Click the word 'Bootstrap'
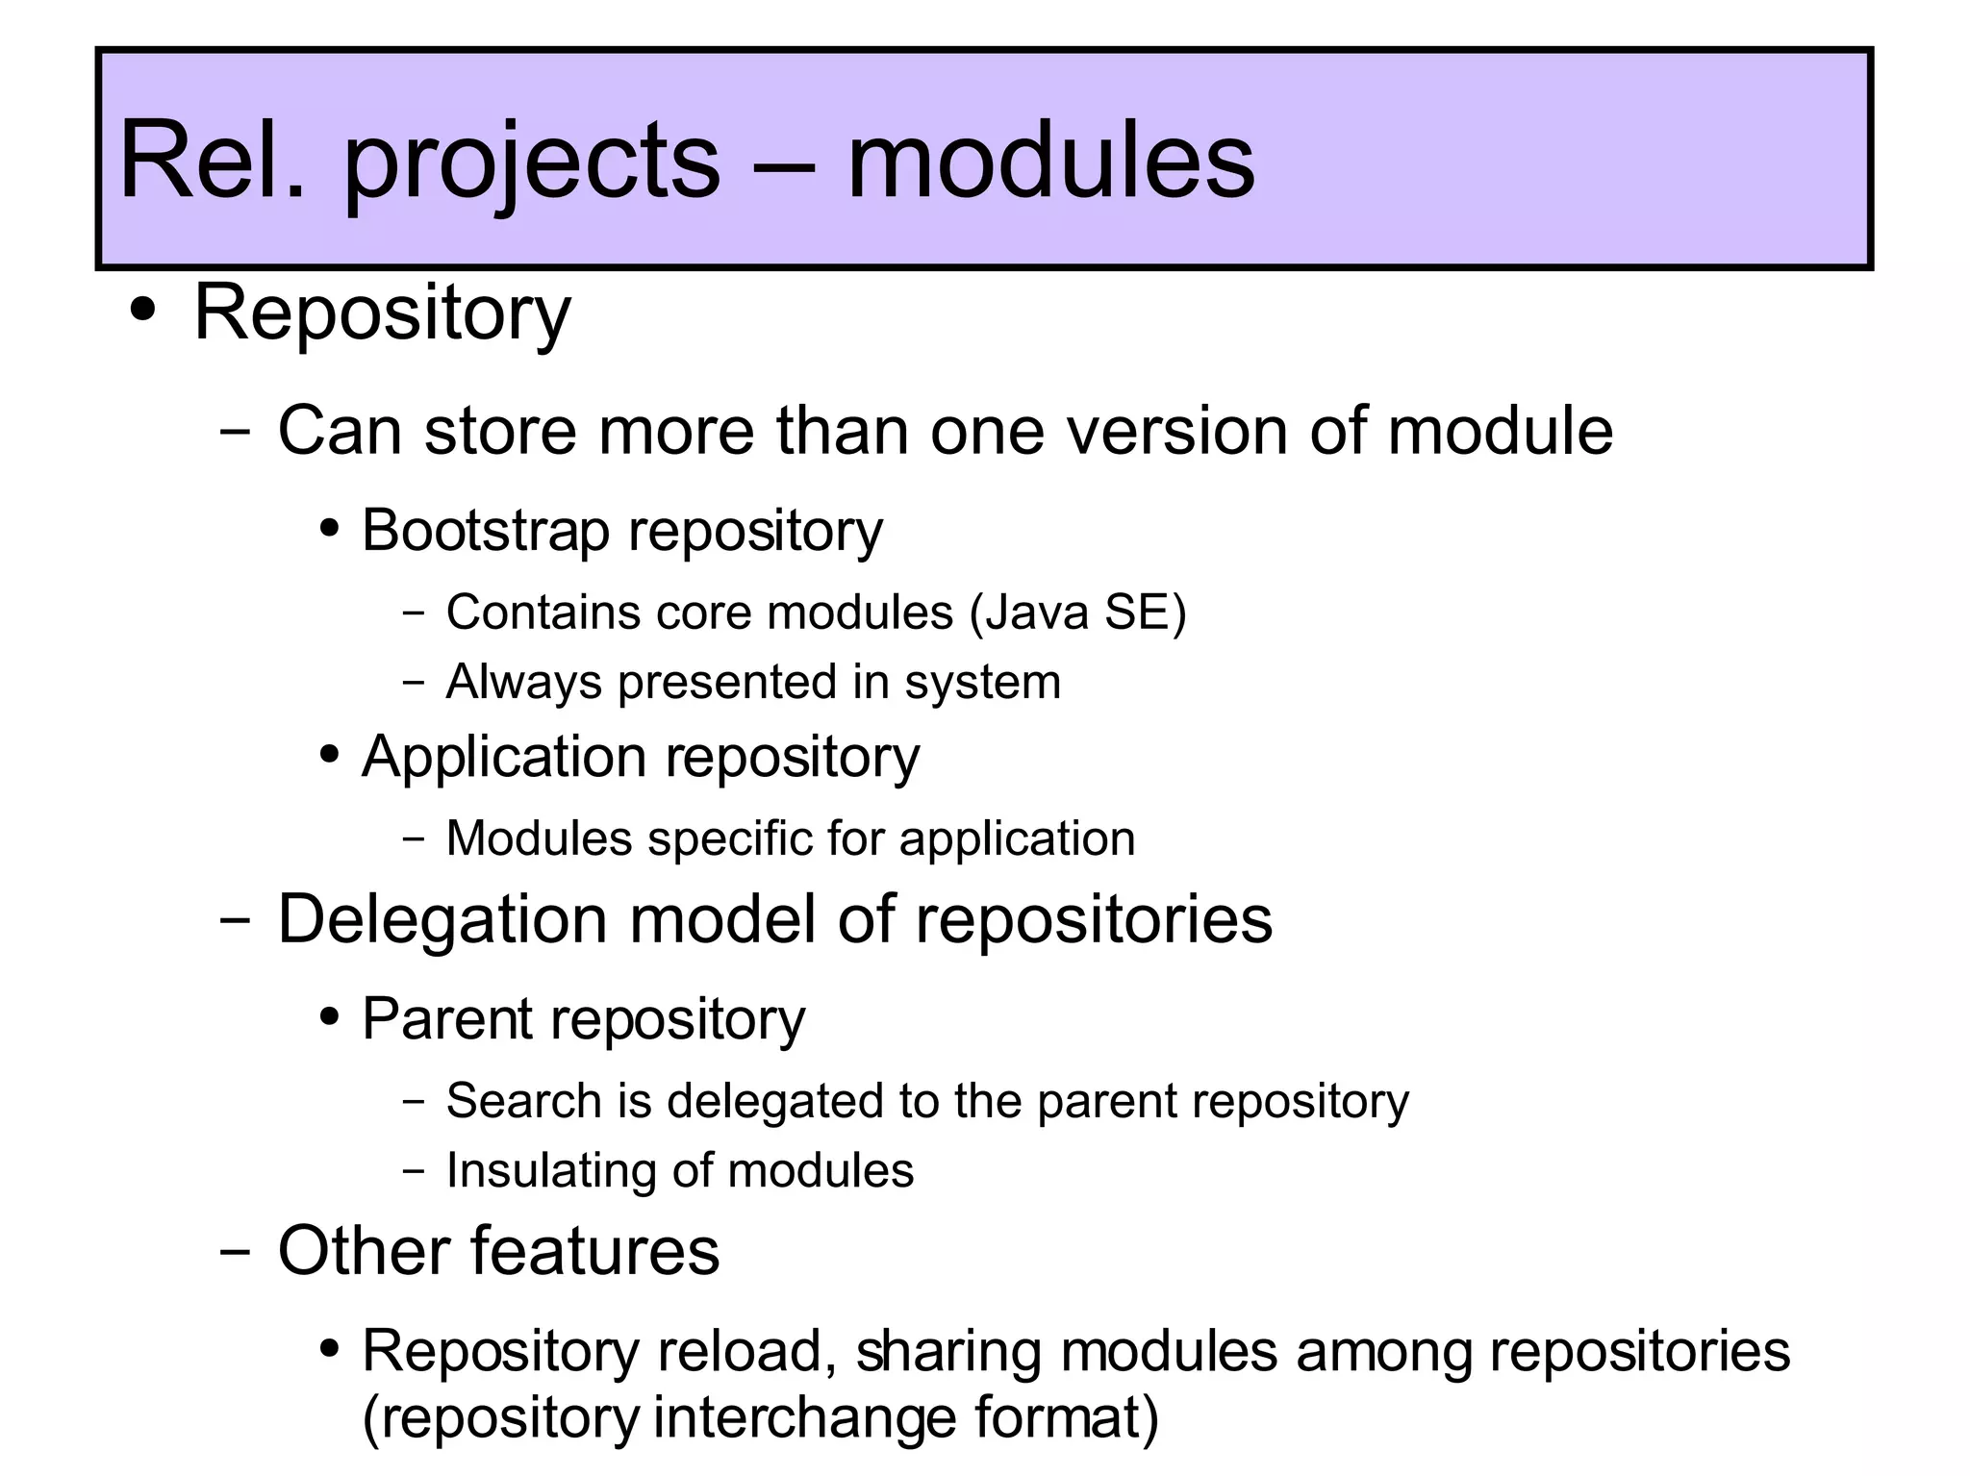click(484, 530)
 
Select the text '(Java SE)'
click(1078, 613)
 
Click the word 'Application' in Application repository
click(504, 757)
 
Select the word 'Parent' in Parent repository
click(445, 1018)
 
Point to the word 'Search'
click(523, 1100)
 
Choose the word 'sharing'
click(947, 1351)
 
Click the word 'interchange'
click(803, 1418)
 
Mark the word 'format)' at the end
click(1066, 1418)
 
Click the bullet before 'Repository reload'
click(330, 1349)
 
